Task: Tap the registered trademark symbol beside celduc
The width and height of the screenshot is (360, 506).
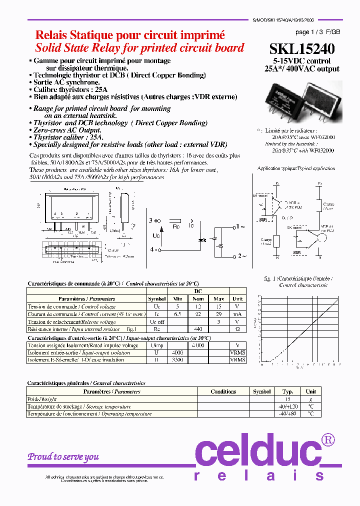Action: tap(327, 439)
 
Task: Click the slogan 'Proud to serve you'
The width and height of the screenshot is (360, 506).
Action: tap(63, 456)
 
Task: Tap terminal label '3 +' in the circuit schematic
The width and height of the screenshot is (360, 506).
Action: tap(154, 220)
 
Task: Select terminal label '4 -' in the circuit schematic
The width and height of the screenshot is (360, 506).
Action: tap(154, 249)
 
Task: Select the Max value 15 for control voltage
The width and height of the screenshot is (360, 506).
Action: tap(217, 306)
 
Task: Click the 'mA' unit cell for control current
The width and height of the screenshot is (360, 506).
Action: tap(237, 314)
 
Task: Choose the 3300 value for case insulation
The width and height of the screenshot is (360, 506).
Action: tap(177, 360)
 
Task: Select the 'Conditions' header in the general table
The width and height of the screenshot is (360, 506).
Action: tap(223, 391)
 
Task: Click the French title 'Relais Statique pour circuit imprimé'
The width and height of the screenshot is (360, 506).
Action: tap(130, 35)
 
